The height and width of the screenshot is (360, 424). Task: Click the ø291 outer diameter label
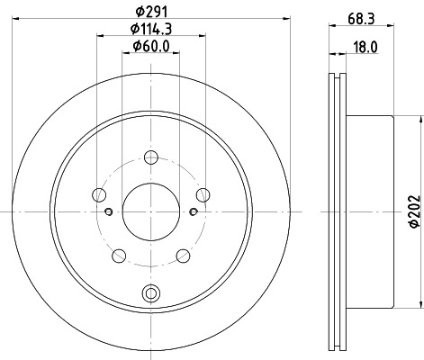(150, 13)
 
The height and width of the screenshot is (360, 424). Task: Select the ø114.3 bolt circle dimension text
(150, 31)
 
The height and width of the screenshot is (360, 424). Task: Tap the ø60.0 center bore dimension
(150, 47)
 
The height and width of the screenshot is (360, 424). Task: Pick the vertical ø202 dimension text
(413, 211)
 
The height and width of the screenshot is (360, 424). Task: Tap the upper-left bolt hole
(98, 193)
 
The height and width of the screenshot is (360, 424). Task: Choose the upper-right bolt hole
(203, 193)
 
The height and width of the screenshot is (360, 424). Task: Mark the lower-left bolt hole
(118, 256)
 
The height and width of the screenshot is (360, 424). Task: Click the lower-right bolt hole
(184, 256)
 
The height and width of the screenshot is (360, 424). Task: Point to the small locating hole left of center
(109, 211)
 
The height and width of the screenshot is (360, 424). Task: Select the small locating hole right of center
(193, 211)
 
